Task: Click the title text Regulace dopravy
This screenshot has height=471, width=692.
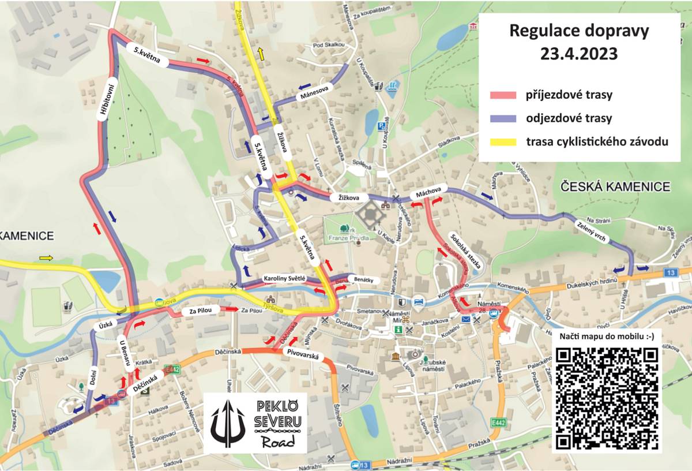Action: tap(579, 31)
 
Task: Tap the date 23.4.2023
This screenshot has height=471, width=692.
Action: tap(579, 54)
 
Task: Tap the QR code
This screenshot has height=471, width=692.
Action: tap(607, 398)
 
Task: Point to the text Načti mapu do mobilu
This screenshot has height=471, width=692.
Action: tap(607, 337)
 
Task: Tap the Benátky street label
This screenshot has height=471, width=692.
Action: tap(364, 280)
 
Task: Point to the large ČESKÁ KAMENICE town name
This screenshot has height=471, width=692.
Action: tap(615, 186)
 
